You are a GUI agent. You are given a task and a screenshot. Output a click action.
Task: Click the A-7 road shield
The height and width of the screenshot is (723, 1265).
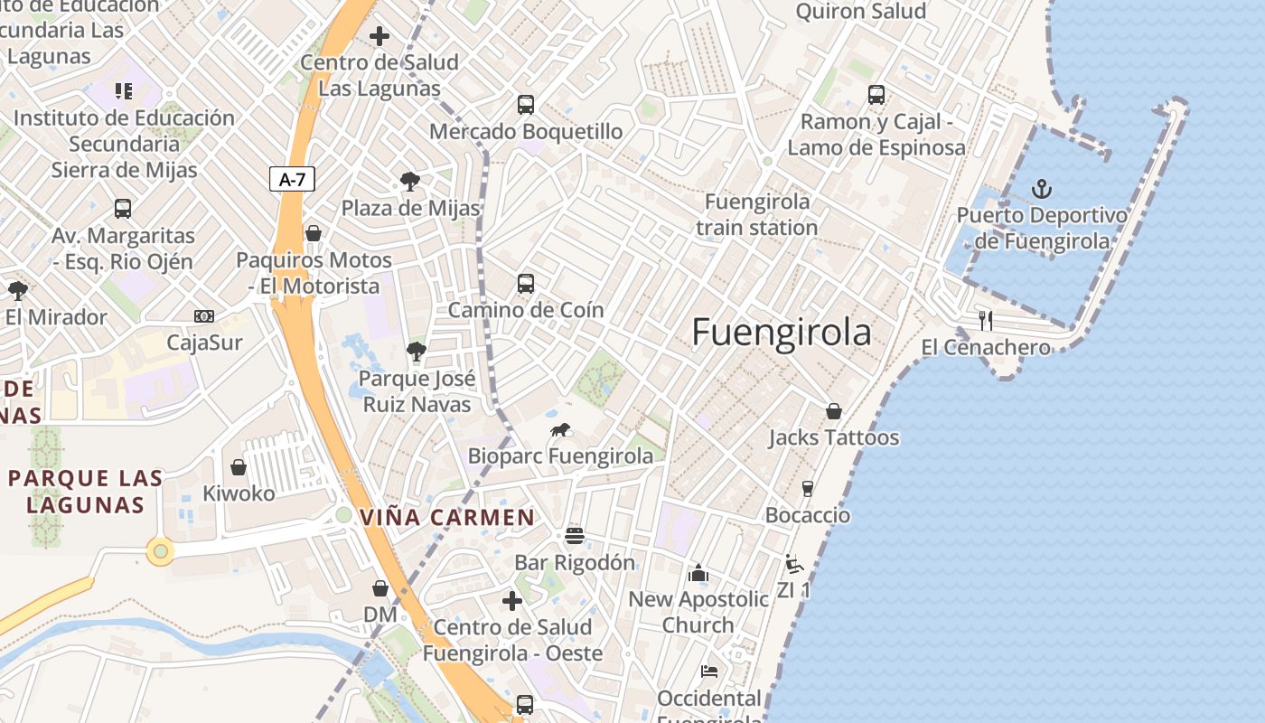point(292,179)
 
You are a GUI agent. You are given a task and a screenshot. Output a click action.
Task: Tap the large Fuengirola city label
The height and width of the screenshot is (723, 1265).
point(782,333)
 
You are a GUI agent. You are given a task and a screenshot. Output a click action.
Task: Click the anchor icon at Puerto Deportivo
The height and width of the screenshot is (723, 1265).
point(1042,189)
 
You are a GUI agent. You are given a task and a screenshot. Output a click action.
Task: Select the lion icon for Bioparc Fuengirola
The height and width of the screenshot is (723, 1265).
point(560,430)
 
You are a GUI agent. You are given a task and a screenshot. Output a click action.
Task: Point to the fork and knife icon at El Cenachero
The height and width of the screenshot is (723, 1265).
point(986,321)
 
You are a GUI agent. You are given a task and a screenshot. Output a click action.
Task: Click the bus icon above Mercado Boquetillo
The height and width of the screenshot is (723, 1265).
point(526,105)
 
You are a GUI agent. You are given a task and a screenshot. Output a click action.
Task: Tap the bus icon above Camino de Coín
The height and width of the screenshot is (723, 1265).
point(526,284)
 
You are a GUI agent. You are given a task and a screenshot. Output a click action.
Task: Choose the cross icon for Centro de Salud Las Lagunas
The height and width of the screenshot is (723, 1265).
point(379,36)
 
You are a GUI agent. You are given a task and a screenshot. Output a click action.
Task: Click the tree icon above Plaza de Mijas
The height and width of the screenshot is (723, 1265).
point(410,182)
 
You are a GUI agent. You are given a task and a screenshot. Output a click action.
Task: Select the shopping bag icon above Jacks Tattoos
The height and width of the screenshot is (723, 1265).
point(834,411)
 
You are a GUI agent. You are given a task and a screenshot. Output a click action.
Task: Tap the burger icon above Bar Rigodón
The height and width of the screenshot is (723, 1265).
point(575,536)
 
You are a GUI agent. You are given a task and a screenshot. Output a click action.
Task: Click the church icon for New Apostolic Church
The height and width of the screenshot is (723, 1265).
point(698,573)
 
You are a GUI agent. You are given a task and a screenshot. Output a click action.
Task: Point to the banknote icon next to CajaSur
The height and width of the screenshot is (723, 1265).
point(205,316)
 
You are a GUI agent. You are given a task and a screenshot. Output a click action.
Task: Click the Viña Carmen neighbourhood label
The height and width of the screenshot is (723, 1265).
point(447,518)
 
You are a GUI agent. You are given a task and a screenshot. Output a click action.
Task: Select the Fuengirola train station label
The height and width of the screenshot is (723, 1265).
point(756,214)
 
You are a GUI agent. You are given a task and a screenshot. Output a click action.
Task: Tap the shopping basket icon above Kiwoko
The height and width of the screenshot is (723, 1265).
point(239,467)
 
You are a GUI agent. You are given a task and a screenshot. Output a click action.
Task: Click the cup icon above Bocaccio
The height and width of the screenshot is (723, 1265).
point(808,489)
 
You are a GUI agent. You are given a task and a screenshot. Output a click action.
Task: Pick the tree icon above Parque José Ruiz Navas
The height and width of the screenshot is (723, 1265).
point(417,352)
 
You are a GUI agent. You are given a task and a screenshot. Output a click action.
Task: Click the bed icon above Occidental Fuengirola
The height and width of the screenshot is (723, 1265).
point(709,671)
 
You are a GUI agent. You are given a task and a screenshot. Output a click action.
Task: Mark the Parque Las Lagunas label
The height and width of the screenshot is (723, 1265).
point(86,491)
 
